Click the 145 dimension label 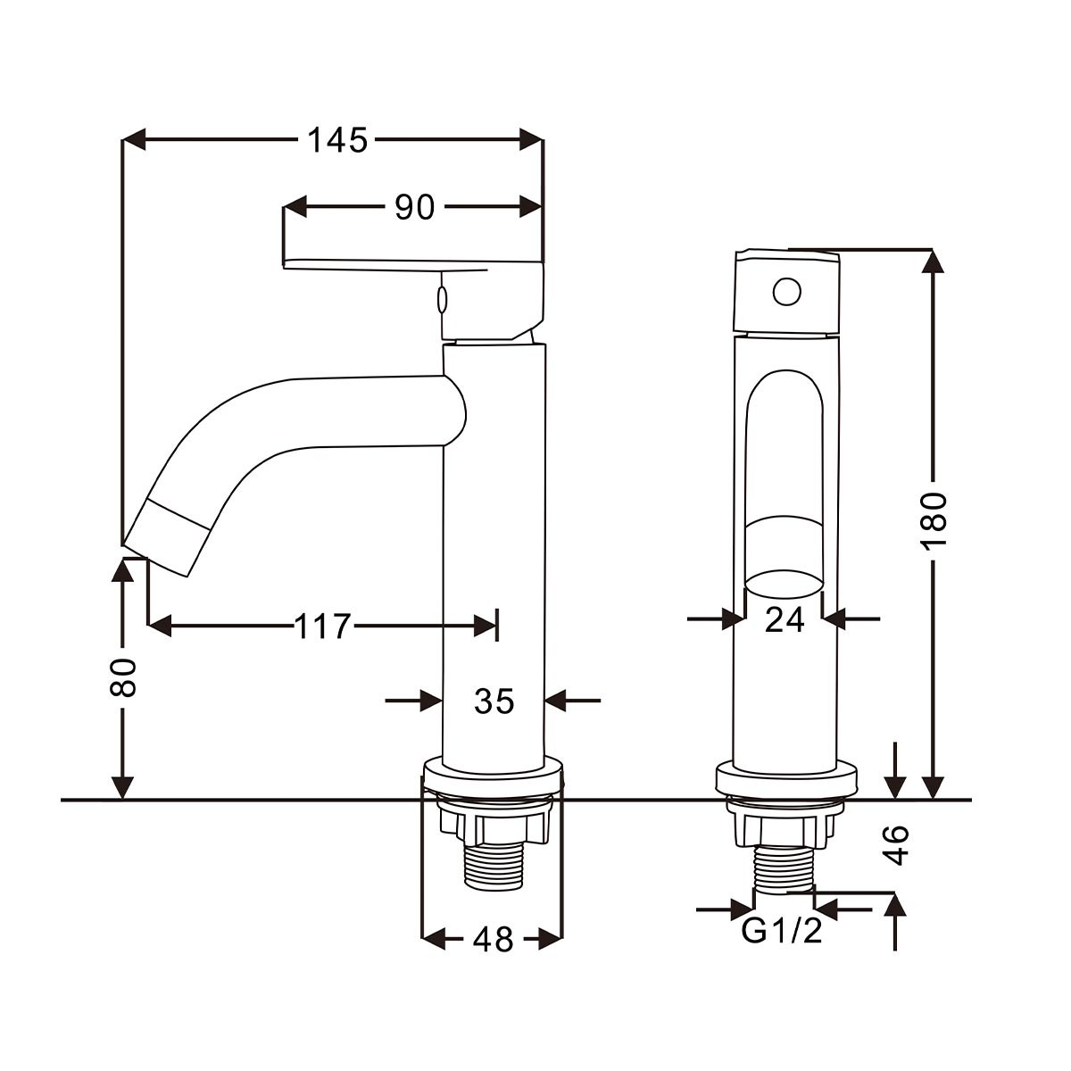coord(337,139)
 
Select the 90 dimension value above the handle coord(414,207)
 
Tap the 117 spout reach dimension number coord(323,627)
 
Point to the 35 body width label coord(494,701)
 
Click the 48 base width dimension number coord(493,940)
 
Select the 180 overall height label coord(934,521)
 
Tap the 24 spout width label coord(785,619)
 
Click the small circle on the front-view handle coord(786,291)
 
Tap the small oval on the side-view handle coord(443,300)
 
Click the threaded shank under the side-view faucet coord(493,868)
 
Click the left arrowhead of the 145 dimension coord(134,139)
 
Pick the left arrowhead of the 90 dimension coord(295,207)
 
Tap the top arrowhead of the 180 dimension coord(934,262)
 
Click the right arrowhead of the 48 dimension coord(552,940)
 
